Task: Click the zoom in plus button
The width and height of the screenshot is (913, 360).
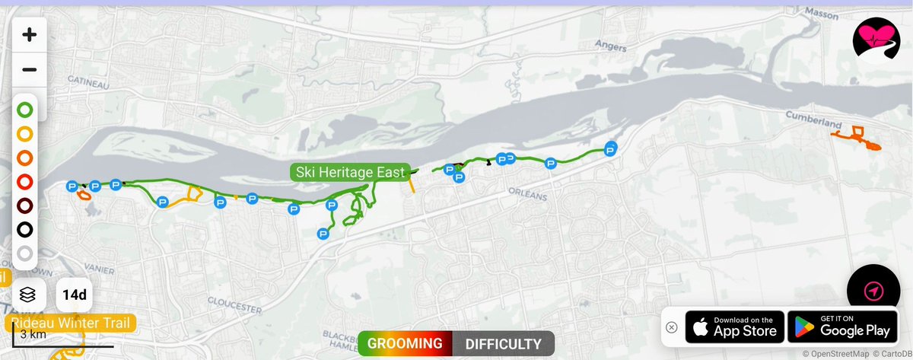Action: (29, 35)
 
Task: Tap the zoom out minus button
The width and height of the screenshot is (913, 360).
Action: (29, 70)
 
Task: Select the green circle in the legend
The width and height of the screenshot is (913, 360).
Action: (25, 110)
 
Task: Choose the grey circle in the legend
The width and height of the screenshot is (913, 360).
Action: (25, 254)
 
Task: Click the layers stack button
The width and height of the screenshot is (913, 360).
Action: (28, 295)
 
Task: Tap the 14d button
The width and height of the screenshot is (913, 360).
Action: (74, 295)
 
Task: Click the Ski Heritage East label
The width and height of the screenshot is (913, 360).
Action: (350, 172)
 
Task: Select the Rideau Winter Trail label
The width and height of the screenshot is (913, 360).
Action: (73, 323)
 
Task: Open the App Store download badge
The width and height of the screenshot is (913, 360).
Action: (733, 327)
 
